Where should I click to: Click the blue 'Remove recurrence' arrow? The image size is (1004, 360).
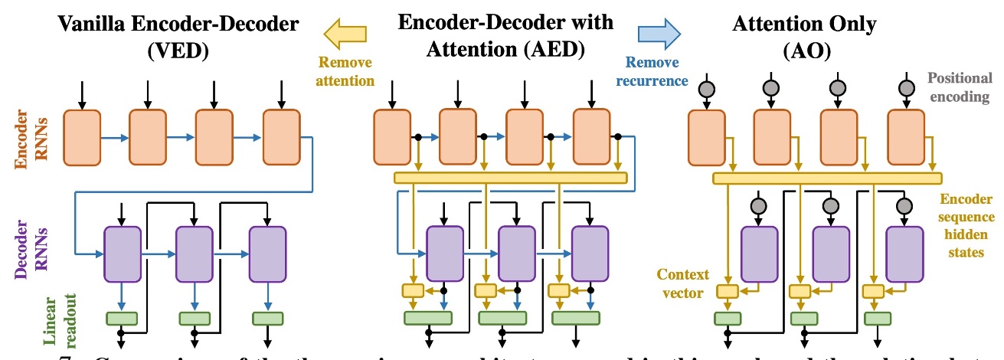pos(659,31)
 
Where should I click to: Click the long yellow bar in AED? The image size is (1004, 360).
pos(510,178)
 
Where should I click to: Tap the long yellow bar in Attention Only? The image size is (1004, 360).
pos(827,178)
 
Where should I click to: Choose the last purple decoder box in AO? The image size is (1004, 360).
pos(904,254)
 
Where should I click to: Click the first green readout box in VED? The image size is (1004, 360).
pos(122,318)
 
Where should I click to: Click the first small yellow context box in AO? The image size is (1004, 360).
pos(727,291)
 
